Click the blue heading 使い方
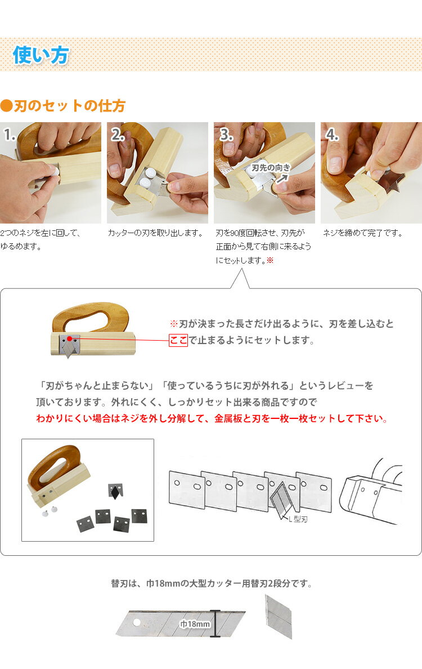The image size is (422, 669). [41, 55]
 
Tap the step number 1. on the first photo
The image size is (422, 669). [10, 135]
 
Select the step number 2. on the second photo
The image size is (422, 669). [118, 135]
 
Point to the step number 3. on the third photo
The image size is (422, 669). [226, 135]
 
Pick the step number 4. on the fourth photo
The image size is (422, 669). [333, 135]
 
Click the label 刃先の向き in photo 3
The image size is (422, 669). [271, 168]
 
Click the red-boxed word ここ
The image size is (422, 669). [178, 341]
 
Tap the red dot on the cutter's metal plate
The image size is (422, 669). [69, 339]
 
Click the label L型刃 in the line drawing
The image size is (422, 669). [298, 519]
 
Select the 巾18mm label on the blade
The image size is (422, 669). [195, 624]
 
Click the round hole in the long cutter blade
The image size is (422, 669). [137, 622]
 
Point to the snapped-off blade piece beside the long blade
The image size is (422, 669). [279, 617]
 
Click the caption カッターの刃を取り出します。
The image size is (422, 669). [156, 233]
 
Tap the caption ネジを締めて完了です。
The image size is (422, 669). [363, 233]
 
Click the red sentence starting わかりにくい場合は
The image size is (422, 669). [212, 418]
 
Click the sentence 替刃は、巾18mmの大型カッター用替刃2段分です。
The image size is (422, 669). [212, 583]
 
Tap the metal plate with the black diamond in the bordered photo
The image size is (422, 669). [115, 491]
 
